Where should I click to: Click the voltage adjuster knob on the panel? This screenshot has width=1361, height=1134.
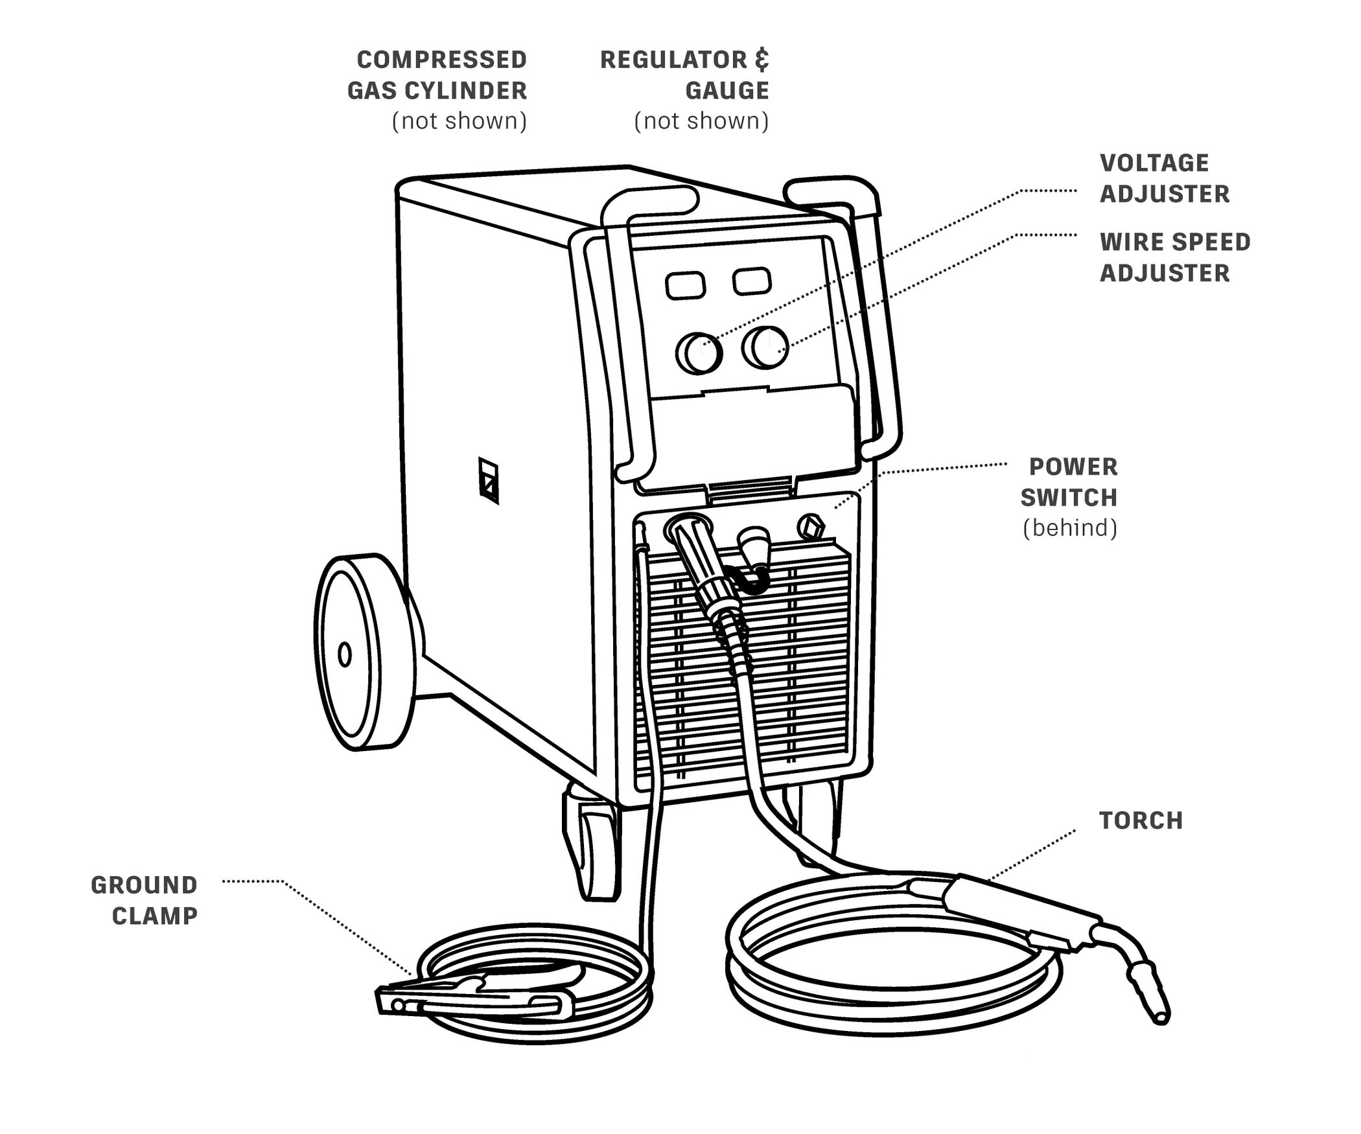tap(699, 353)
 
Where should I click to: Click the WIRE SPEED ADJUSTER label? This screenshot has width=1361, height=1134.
tap(1174, 257)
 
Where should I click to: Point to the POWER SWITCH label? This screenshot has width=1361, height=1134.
tap(1073, 482)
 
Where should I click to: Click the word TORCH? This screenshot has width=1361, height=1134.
tap(1141, 821)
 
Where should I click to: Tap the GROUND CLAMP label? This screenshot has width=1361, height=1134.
tap(144, 901)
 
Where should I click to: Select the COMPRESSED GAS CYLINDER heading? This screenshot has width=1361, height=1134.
tap(438, 75)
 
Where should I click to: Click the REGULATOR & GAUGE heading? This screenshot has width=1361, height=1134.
tap(684, 75)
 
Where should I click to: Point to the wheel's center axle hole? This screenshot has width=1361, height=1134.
tap(345, 654)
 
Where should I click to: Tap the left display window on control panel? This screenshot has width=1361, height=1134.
tap(686, 286)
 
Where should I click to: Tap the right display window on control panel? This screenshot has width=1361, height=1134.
tap(752, 281)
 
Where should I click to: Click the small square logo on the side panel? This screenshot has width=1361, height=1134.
tap(489, 480)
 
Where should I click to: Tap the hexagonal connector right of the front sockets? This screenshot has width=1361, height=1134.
tap(811, 526)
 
